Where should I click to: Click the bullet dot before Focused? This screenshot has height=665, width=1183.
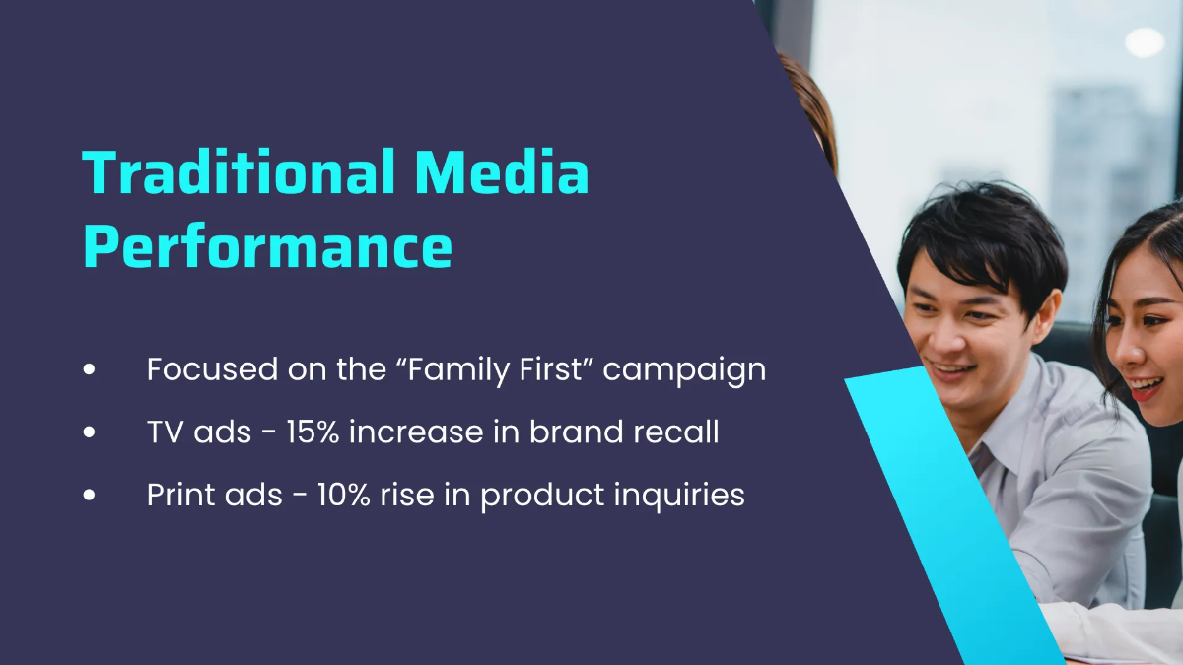pos(91,369)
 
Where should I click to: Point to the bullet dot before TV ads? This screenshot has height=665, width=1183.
pos(91,432)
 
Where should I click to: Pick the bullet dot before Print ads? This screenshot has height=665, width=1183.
pos(91,496)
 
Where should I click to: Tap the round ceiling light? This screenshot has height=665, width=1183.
pos(1144,41)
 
